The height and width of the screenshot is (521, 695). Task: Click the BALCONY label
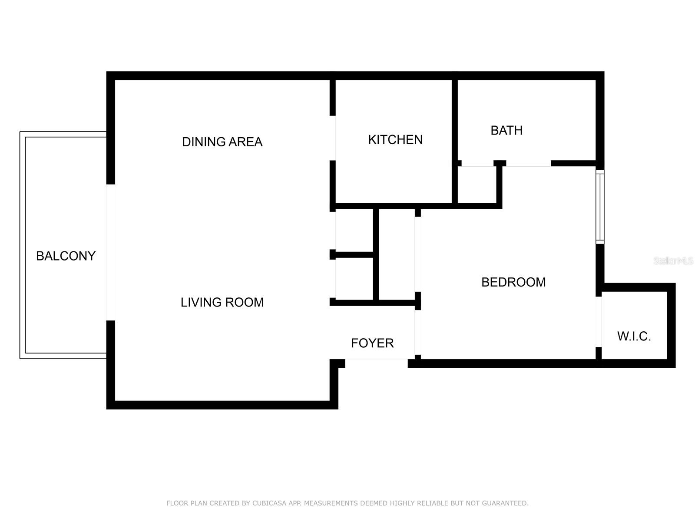[66, 256]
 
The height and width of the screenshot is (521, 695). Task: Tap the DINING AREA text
[222, 142]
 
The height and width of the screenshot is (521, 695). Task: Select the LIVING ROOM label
[222, 302]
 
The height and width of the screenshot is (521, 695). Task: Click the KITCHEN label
[395, 140]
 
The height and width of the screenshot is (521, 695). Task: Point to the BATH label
[506, 130]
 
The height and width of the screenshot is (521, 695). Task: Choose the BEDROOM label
[513, 282]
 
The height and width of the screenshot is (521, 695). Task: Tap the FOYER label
[372, 343]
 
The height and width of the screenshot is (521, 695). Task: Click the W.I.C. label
[634, 336]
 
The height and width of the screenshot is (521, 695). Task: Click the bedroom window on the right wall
[600, 207]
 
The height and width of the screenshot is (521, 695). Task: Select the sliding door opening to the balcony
[111, 252]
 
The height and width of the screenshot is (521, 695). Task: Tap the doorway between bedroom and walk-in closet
[599, 322]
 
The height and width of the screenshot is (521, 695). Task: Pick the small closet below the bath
[477, 185]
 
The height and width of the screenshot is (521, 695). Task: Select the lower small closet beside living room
[354, 278]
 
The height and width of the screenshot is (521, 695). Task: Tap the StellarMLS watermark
[673, 261]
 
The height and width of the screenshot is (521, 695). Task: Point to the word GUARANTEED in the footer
[506, 503]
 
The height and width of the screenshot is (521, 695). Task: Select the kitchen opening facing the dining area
[333, 138]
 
